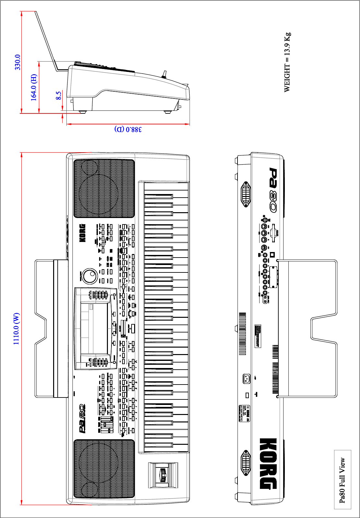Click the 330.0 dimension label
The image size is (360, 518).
tap(17, 62)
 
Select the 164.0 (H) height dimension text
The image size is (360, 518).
tap(34, 87)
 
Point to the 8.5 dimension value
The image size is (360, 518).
tap(58, 96)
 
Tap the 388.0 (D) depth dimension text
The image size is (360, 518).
tap(128, 129)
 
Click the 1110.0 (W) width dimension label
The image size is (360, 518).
tap(16, 329)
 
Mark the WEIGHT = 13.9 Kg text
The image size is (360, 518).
tap(287, 62)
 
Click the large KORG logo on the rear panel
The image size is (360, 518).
tap(268, 464)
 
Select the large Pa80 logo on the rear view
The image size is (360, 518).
tap(273, 190)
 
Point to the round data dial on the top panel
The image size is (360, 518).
tap(89, 276)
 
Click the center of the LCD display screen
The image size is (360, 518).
tap(94, 328)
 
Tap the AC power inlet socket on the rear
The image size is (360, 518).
tap(247, 379)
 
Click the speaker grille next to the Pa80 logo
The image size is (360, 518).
tap(104, 468)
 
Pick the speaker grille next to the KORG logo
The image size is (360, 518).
tap(104, 188)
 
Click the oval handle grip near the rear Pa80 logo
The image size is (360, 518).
tap(246, 194)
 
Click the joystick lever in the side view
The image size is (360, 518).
tap(164, 75)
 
